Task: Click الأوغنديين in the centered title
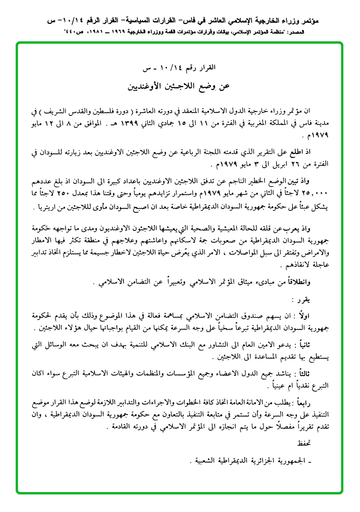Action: [150, 87]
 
